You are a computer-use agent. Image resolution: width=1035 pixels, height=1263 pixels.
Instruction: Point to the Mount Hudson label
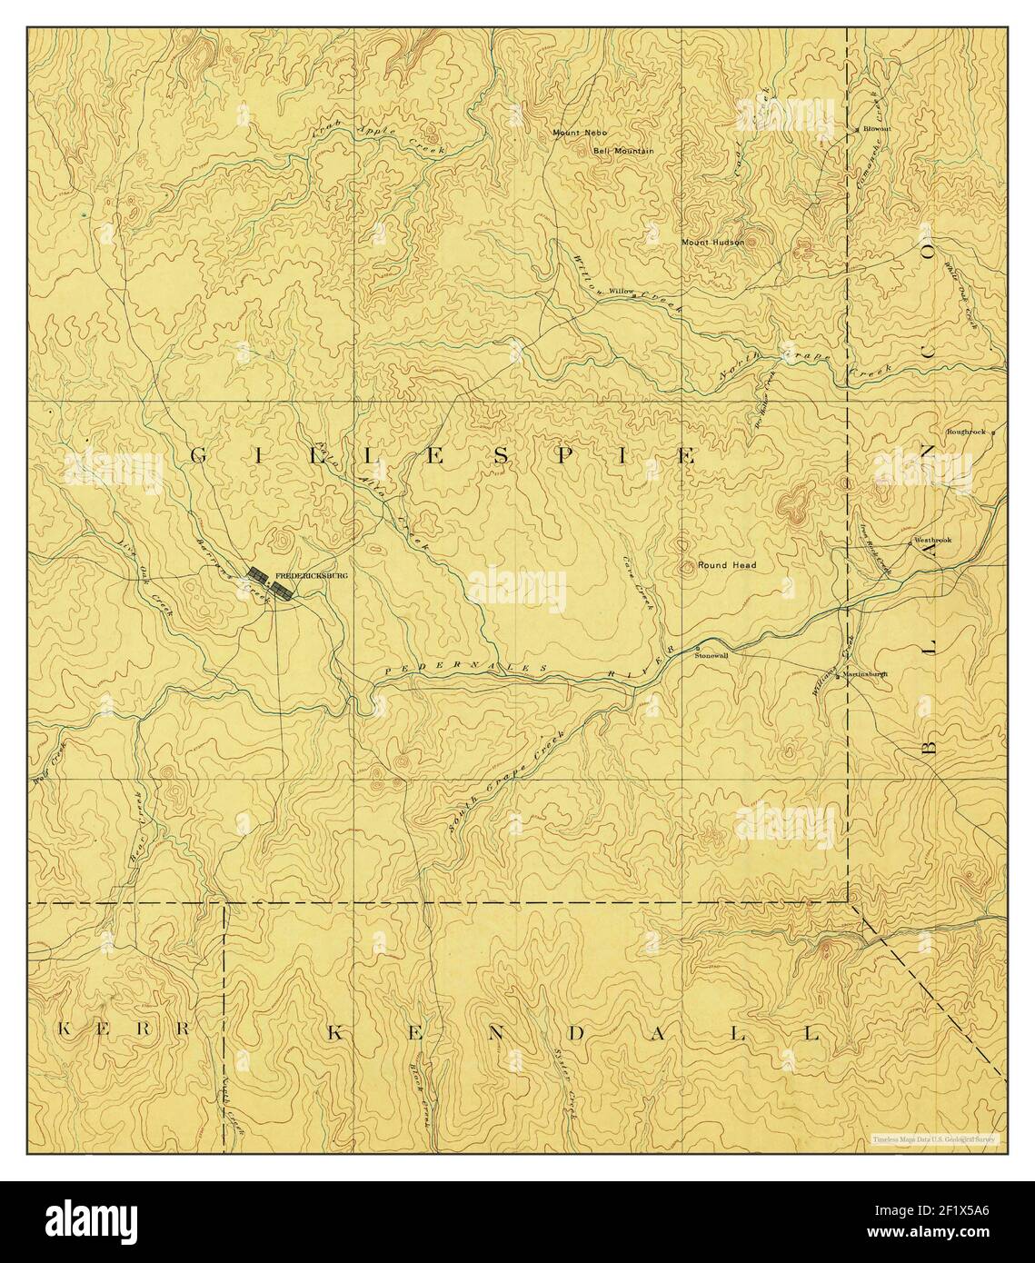pos(713,243)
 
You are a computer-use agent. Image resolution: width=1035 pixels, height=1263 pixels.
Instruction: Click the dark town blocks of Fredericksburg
pos(271,582)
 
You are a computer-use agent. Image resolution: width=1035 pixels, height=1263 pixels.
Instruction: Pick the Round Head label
pos(727,565)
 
